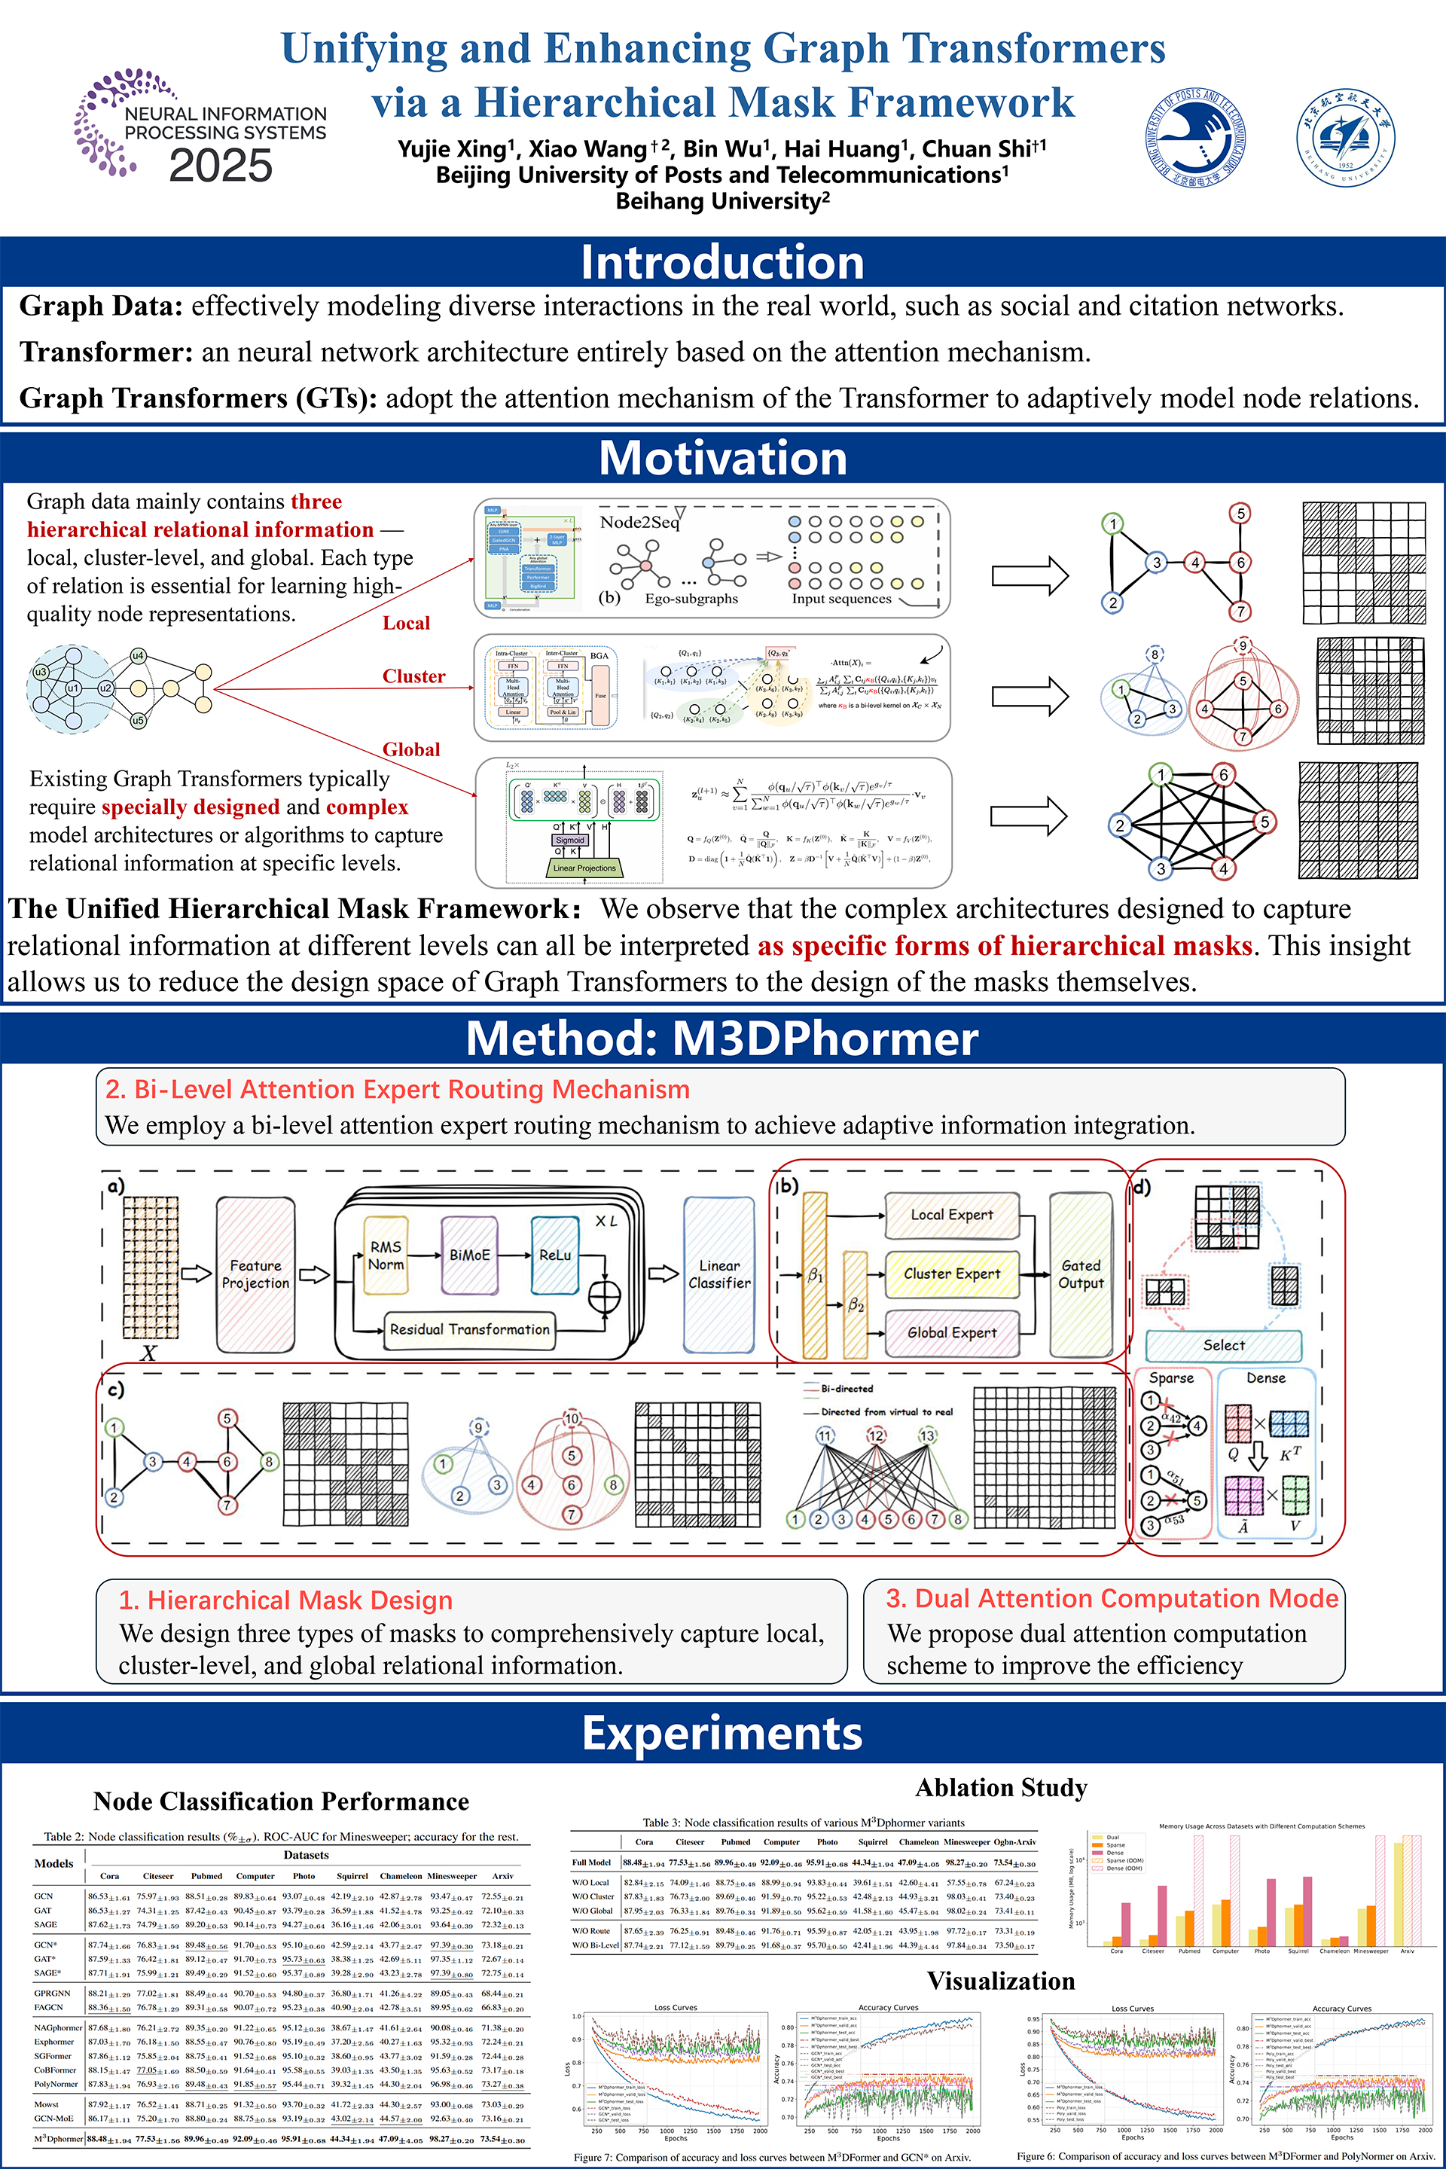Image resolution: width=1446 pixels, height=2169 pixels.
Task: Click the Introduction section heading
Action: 722,263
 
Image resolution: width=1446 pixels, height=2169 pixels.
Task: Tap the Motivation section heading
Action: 722,459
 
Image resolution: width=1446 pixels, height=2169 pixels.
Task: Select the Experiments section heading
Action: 722,1733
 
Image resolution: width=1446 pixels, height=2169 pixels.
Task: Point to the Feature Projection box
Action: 255,1274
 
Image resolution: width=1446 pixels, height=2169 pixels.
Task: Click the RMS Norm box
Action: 386,1255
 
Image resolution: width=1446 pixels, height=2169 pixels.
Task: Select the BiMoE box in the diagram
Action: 469,1255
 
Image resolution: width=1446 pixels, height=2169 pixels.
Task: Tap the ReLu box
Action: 554,1255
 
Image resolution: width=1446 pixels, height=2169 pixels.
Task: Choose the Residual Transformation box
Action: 469,1329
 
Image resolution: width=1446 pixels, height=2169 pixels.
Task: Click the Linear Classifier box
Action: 718,1274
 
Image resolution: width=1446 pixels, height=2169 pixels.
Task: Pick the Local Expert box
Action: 952,1215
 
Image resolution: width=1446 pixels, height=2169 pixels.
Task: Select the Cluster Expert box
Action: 952,1274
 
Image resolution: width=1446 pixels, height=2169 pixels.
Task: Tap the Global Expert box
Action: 952,1332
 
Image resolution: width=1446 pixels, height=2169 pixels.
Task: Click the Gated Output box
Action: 1080,1274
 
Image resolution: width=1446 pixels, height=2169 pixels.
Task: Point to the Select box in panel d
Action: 1224,1346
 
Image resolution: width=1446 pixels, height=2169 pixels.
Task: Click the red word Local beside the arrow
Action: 406,624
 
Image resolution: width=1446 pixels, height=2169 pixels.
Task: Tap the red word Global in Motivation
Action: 411,750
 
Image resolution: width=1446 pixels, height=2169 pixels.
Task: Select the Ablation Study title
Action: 1001,1788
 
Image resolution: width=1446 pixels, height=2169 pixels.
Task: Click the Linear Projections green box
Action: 584,868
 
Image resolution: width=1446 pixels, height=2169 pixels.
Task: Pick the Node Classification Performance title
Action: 281,1802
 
